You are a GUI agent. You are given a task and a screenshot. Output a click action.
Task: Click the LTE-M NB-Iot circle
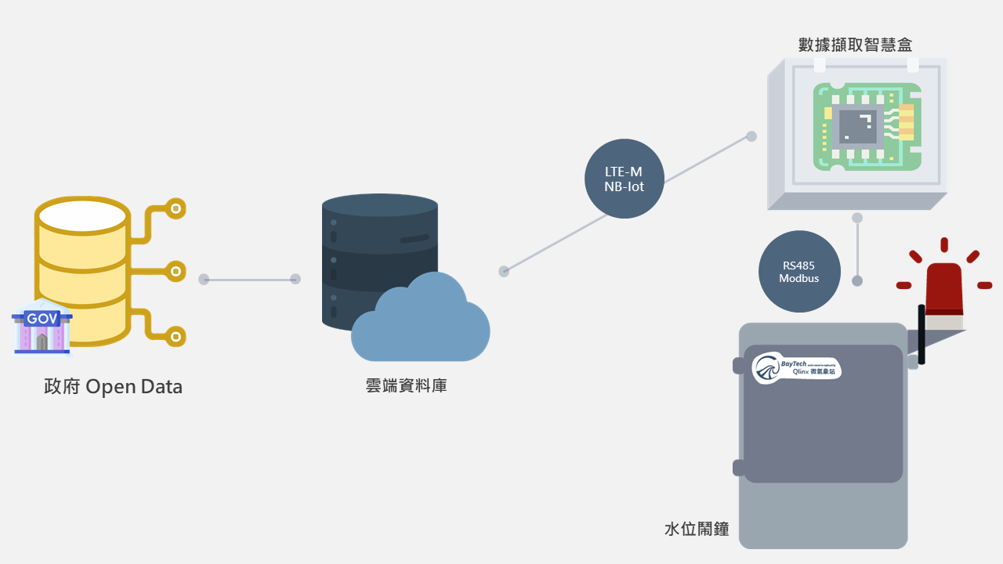coord(625,179)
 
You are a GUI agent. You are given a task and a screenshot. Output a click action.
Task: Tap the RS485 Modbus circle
coord(798,272)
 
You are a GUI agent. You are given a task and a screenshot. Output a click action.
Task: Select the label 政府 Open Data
coord(114,387)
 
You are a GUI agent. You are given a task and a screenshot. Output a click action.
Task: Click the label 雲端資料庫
coord(406,385)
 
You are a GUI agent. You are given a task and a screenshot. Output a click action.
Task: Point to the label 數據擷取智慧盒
coord(855,45)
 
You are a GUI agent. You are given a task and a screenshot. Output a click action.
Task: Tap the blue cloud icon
coord(421,321)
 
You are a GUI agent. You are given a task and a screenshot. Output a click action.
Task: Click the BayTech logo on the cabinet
coord(796,368)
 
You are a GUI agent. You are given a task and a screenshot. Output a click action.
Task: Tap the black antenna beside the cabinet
coord(922,335)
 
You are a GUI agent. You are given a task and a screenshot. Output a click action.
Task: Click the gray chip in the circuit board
coord(858,126)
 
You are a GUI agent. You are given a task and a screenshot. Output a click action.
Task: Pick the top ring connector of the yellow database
coord(177,208)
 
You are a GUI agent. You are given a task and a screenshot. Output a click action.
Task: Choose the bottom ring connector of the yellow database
coord(177,336)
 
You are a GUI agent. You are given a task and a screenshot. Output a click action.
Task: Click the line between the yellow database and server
coord(249,279)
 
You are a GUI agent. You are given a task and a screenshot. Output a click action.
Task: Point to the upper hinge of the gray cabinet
coord(738,366)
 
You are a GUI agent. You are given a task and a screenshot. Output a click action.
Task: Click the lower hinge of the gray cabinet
coord(738,468)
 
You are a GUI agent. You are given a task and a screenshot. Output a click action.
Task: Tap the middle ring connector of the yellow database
coord(177,271)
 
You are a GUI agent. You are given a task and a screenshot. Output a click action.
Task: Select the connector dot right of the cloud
coord(504,271)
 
